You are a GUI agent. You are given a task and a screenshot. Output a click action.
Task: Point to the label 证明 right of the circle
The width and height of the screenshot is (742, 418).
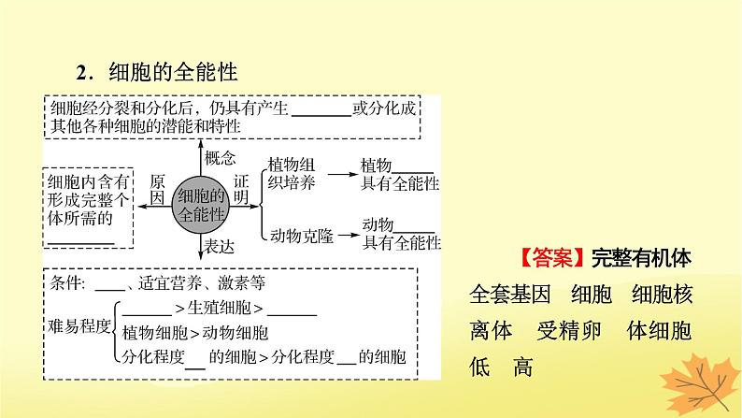click(x=242, y=188)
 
